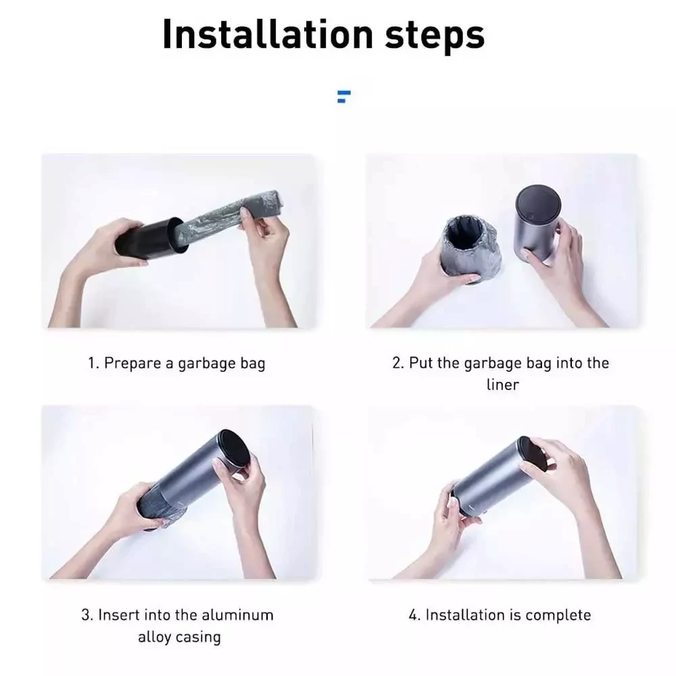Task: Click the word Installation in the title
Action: pyautogui.click(x=267, y=34)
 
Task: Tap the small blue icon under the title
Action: pyautogui.click(x=343, y=97)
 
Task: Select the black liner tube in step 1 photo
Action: pyautogui.click(x=151, y=238)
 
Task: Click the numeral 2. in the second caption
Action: pyautogui.click(x=398, y=363)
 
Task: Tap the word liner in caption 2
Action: pyautogui.click(x=503, y=385)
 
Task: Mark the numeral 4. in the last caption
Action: pyautogui.click(x=414, y=615)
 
